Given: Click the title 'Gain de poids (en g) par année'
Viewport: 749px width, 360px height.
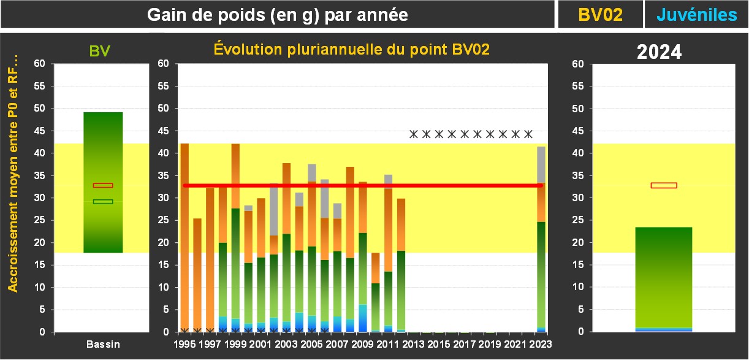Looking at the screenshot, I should point(277,15).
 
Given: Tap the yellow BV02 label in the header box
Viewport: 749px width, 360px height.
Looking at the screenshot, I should point(600,15).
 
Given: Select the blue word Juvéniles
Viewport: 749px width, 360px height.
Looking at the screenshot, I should point(696,15).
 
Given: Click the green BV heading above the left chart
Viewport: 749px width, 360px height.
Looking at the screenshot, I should point(99,51).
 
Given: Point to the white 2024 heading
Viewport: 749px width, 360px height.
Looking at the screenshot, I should point(659,52).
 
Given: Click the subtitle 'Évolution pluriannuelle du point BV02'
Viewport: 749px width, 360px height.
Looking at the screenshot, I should point(351,50).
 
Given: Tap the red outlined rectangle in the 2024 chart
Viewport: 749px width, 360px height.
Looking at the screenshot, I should point(664,185).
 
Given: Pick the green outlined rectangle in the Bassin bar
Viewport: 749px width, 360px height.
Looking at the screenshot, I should point(103,201).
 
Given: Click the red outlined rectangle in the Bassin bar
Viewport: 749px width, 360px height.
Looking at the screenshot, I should point(103,185).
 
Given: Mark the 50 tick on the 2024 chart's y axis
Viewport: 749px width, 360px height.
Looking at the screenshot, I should point(578,109).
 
